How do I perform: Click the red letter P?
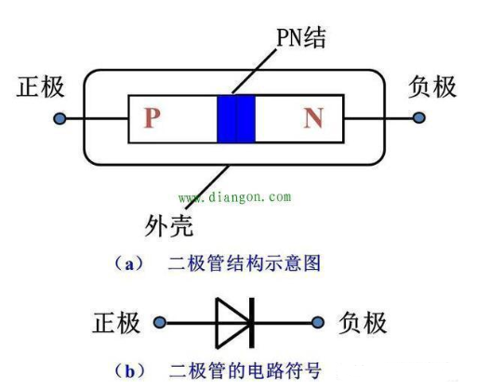click(152, 118)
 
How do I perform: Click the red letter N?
click(313, 118)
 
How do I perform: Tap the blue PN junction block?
click(236, 119)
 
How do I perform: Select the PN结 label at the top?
click(301, 37)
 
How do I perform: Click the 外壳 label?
click(168, 225)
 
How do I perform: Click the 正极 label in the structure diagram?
click(40, 87)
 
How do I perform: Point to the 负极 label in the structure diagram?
click(431, 87)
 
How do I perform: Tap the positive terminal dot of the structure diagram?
click(60, 118)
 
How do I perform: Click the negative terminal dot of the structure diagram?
click(418, 117)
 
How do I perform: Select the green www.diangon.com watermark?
click(235, 197)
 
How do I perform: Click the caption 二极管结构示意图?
click(245, 263)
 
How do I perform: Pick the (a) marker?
click(129, 263)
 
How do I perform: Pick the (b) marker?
click(129, 371)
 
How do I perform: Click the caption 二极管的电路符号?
click(245, 370)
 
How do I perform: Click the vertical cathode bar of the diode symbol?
click(252, 323)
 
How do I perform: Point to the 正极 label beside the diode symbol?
click(116, 323)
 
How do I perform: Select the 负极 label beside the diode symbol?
click(363, 323)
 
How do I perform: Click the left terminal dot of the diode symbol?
click(160, 322)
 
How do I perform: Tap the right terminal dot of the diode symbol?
click(318, 322)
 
